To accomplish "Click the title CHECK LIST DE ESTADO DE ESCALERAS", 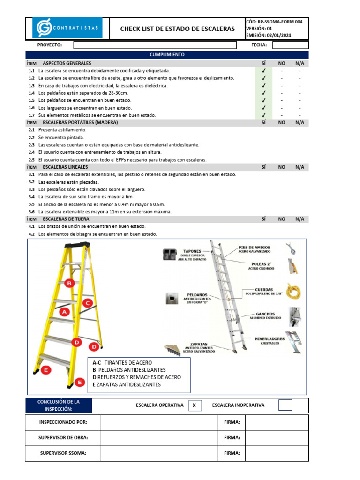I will [178, 29].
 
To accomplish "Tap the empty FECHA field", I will [290, 45].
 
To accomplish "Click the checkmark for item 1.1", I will [263, 71].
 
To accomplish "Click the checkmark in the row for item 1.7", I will [263, 115].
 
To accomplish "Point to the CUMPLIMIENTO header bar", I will [167, 55].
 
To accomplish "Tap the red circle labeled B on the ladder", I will [69, 283].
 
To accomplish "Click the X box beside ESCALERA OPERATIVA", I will [194, 405].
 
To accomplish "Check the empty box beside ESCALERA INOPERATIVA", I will [285, 405].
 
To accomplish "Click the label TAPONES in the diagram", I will [192, 250].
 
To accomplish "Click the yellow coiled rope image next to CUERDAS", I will [294, 292].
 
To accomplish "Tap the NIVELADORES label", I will [270, 338].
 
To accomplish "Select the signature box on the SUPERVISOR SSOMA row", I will [277, 453].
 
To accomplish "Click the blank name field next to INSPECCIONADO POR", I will [159, 422].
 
